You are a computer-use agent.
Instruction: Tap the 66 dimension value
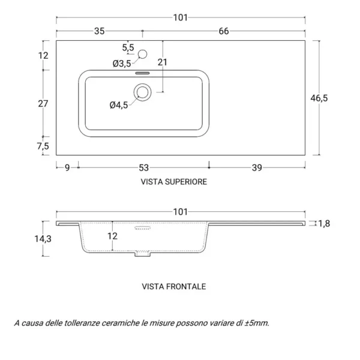point(223,32)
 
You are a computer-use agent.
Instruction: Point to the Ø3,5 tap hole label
point(121,63)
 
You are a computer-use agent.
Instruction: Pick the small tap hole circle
point(142,55)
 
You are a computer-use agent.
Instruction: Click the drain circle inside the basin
point(143,92)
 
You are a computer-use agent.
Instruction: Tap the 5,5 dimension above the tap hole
point(128,47)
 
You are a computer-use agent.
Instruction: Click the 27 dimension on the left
point(43,103)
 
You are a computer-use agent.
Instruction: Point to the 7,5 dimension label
point(43,146)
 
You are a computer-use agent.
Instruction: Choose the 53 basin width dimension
point(143,169)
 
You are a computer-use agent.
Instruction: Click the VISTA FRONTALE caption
point(173,287)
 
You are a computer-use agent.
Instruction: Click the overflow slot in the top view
point(143,71)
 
